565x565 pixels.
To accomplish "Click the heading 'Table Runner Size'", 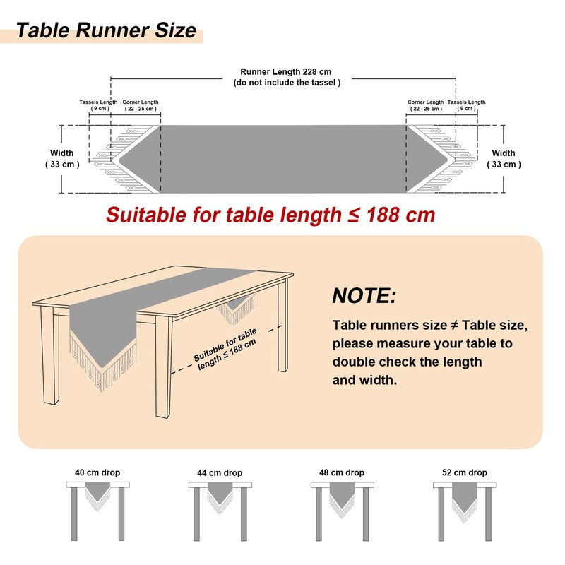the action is (x=105, y=31).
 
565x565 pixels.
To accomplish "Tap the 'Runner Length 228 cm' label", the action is (x=285, y=72).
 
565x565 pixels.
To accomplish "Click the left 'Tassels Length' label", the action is (x=98, y=102).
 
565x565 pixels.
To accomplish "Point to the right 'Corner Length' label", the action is (x=426, y=102).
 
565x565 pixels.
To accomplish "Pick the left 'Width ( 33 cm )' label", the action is (x=61, y=159).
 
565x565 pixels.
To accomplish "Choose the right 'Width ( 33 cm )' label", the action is (x=504, y=159).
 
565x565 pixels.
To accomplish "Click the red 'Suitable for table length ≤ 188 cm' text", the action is (x=270, y=215).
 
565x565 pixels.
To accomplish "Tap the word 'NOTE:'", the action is (x=364, y=295).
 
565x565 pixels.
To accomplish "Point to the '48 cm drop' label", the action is (x=342, y=472).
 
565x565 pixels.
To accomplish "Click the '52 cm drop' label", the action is (x=464, y=472).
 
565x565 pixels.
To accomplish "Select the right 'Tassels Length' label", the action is (x=467, y=102).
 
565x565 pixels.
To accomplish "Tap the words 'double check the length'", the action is (x=408, y=362).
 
